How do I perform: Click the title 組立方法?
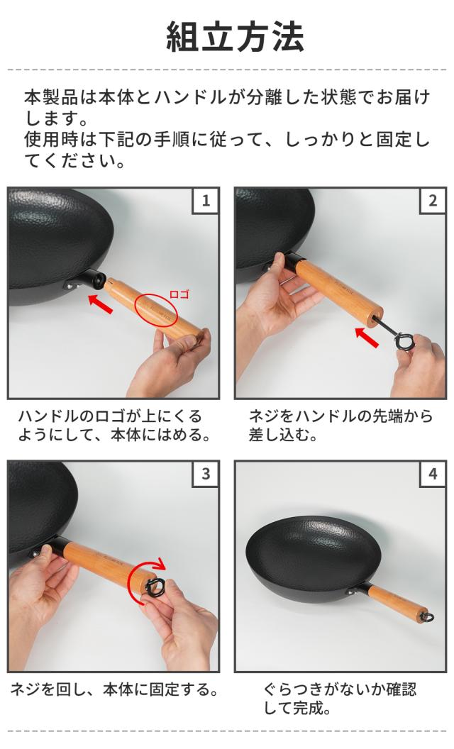tap(234, 37)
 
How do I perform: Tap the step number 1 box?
tap(206, 201)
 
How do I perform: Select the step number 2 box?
tap(433, 201)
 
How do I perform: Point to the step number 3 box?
tap(206, 474)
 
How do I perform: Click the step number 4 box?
tap(433, 474)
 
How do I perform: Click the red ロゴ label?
tap(179, 294)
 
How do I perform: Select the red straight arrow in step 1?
tap(101, 304)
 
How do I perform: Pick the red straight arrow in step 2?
tap(367, 336)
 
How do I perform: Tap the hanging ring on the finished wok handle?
tap(428, 617)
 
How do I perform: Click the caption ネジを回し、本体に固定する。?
tap(115, 690)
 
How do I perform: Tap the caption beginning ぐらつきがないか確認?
tap(340, 699)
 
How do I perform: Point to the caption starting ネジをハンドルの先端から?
tap(340, 425)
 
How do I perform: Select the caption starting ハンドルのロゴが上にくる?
tap(115, 425)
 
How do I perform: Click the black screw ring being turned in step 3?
tap(155, 587)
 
